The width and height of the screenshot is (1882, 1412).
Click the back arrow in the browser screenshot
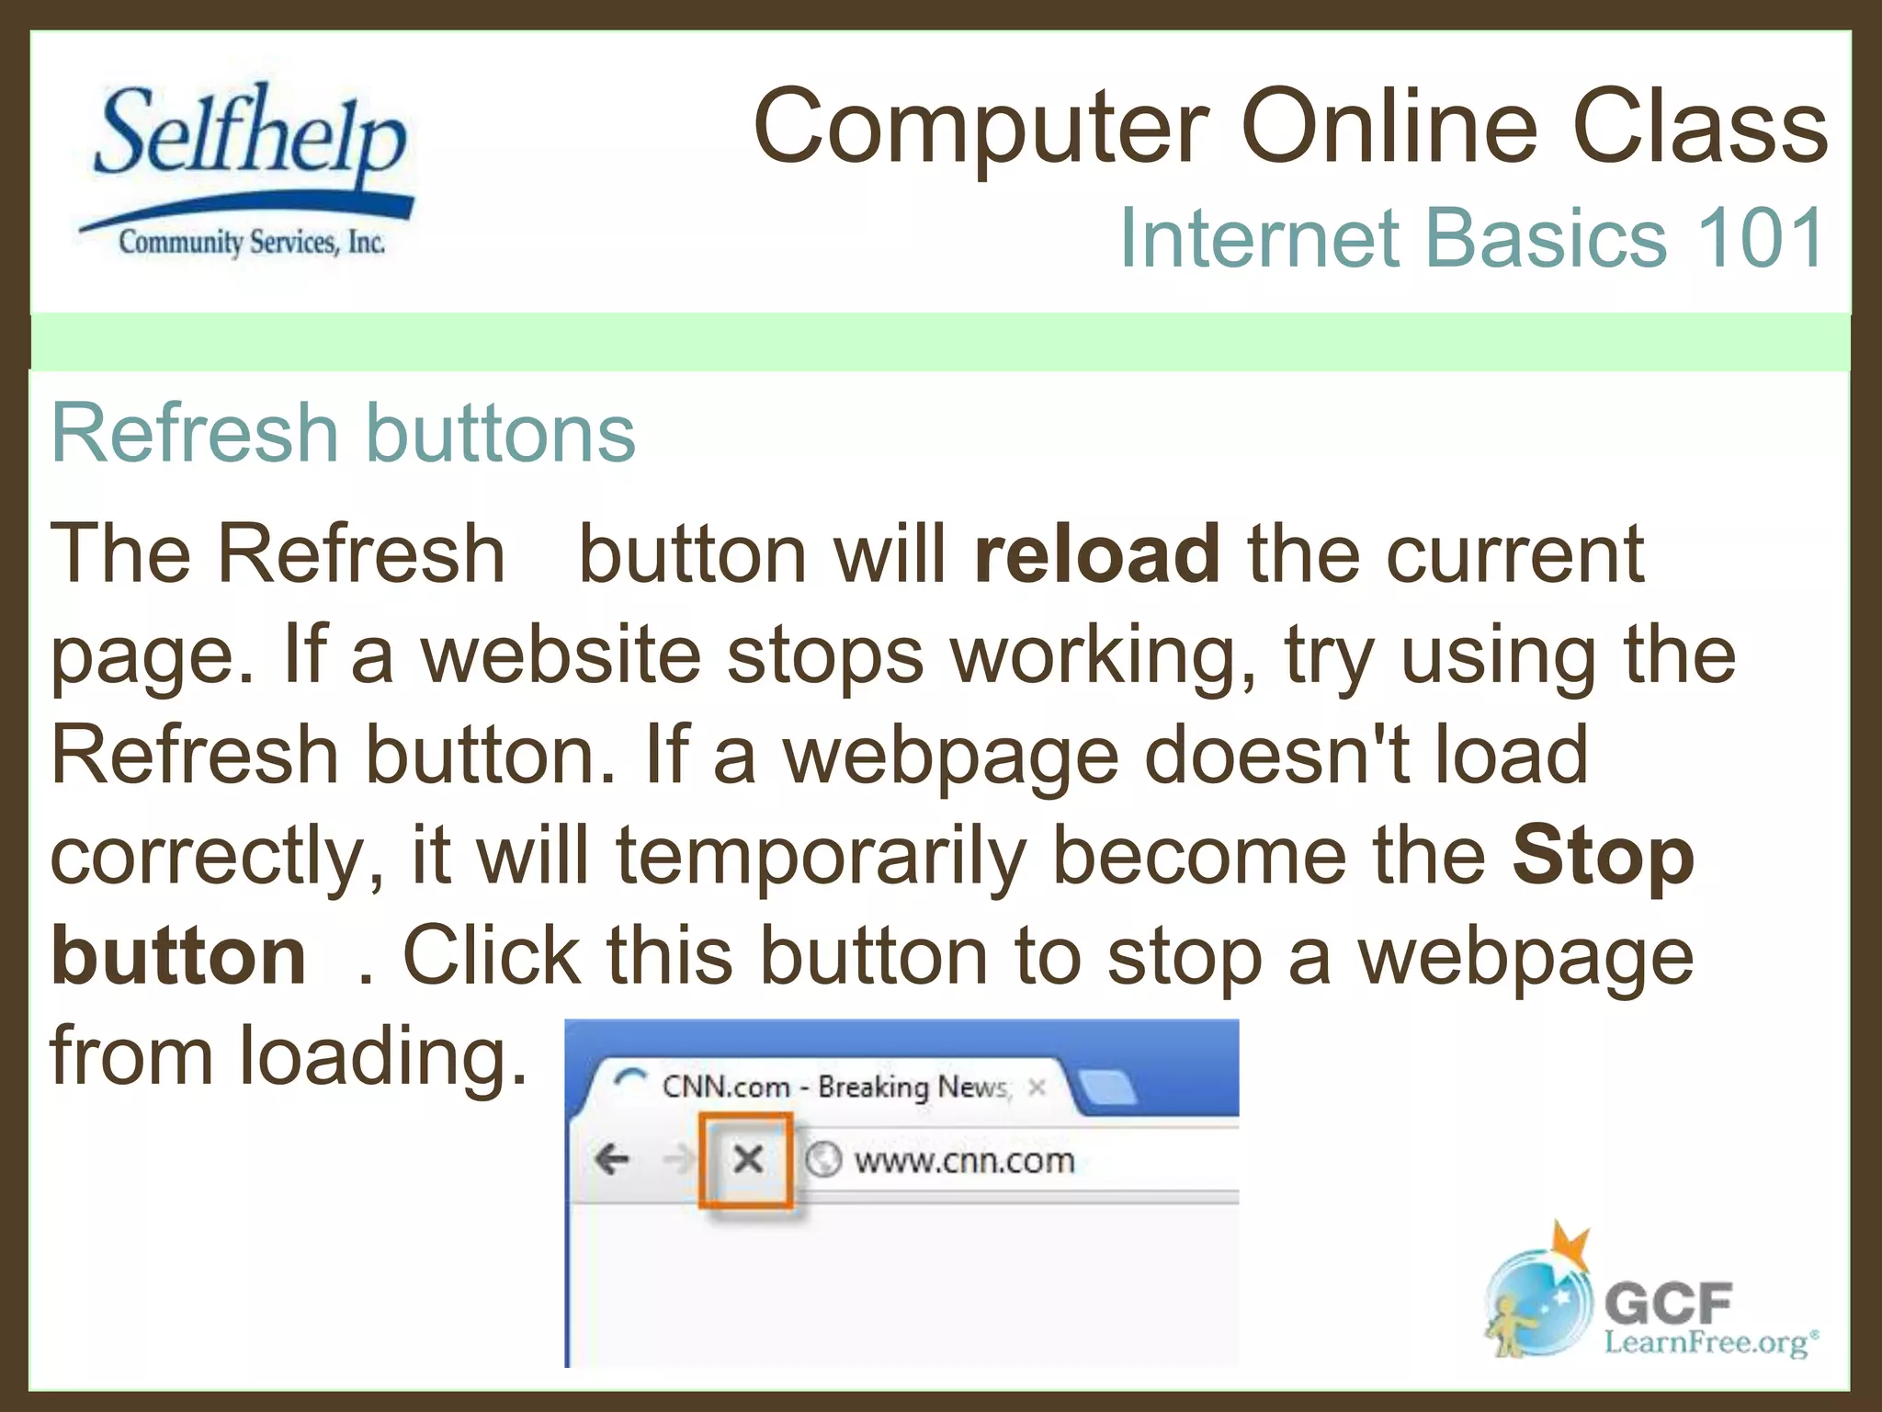coord(612,1159)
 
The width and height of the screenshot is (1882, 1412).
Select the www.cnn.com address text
coord(964,1160)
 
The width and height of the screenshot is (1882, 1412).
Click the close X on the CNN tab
coord(1037,1087)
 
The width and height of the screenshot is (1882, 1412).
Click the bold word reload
coord(1097,554)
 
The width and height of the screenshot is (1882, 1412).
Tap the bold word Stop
coord(1603,856)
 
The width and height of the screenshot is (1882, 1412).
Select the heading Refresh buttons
coord(343,433)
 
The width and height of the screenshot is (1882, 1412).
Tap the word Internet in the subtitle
coord(1259,238)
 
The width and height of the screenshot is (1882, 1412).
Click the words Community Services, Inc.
coord(251,243)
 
